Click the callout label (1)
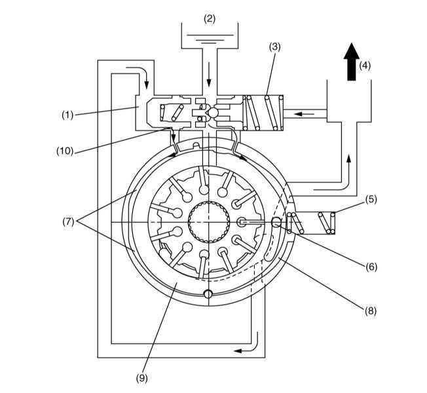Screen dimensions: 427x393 point(67,115)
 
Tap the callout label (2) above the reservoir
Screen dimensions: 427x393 point(210,18)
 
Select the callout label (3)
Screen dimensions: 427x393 point(274,47)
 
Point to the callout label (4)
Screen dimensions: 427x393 point(365,65)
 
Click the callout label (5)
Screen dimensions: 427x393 point(371,199)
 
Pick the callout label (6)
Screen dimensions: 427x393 point(371,267)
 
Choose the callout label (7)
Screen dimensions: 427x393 point(68,221)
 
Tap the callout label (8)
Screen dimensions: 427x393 point(371,310)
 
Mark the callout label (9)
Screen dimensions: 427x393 point(142,379)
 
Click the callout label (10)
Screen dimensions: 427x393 point(65,151)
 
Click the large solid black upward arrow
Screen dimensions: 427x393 point(352,62)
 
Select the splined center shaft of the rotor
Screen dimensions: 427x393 point(209,222)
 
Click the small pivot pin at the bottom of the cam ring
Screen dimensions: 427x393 point(208,294)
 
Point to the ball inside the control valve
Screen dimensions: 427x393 point(213,113)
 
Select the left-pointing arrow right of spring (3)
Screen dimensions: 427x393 point(305,114)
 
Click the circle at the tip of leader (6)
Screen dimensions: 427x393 point(276,222)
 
